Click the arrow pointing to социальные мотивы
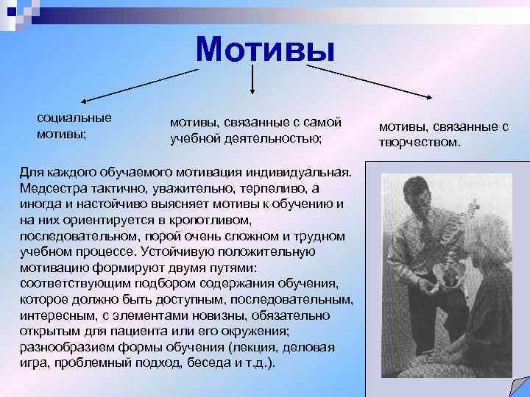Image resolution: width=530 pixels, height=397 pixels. click(139, 83)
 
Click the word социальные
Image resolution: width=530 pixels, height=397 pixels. click(74, 118)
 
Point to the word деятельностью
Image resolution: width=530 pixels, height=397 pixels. click(276, 137)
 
